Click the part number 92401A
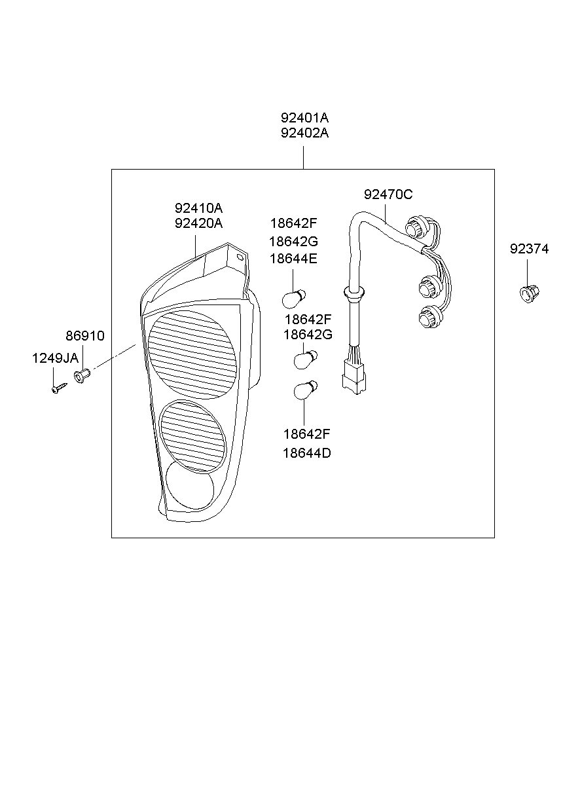tap(304, 119)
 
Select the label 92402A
tap(304, 134)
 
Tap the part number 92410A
tap(198, 208)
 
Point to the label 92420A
tap(198, 223)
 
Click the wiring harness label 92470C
tap(388, 194)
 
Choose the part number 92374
tap(530, 249)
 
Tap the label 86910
tap(84, 336)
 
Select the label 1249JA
tap(55, 358)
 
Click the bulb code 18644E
tap(293, 259)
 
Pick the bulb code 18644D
tap(306, 452)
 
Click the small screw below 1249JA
tap(58, 388)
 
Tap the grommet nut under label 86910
tap(82, 377)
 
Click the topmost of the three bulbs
tap(293, 298)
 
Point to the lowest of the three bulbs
tap(306, 390)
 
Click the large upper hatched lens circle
tap(192, 354)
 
